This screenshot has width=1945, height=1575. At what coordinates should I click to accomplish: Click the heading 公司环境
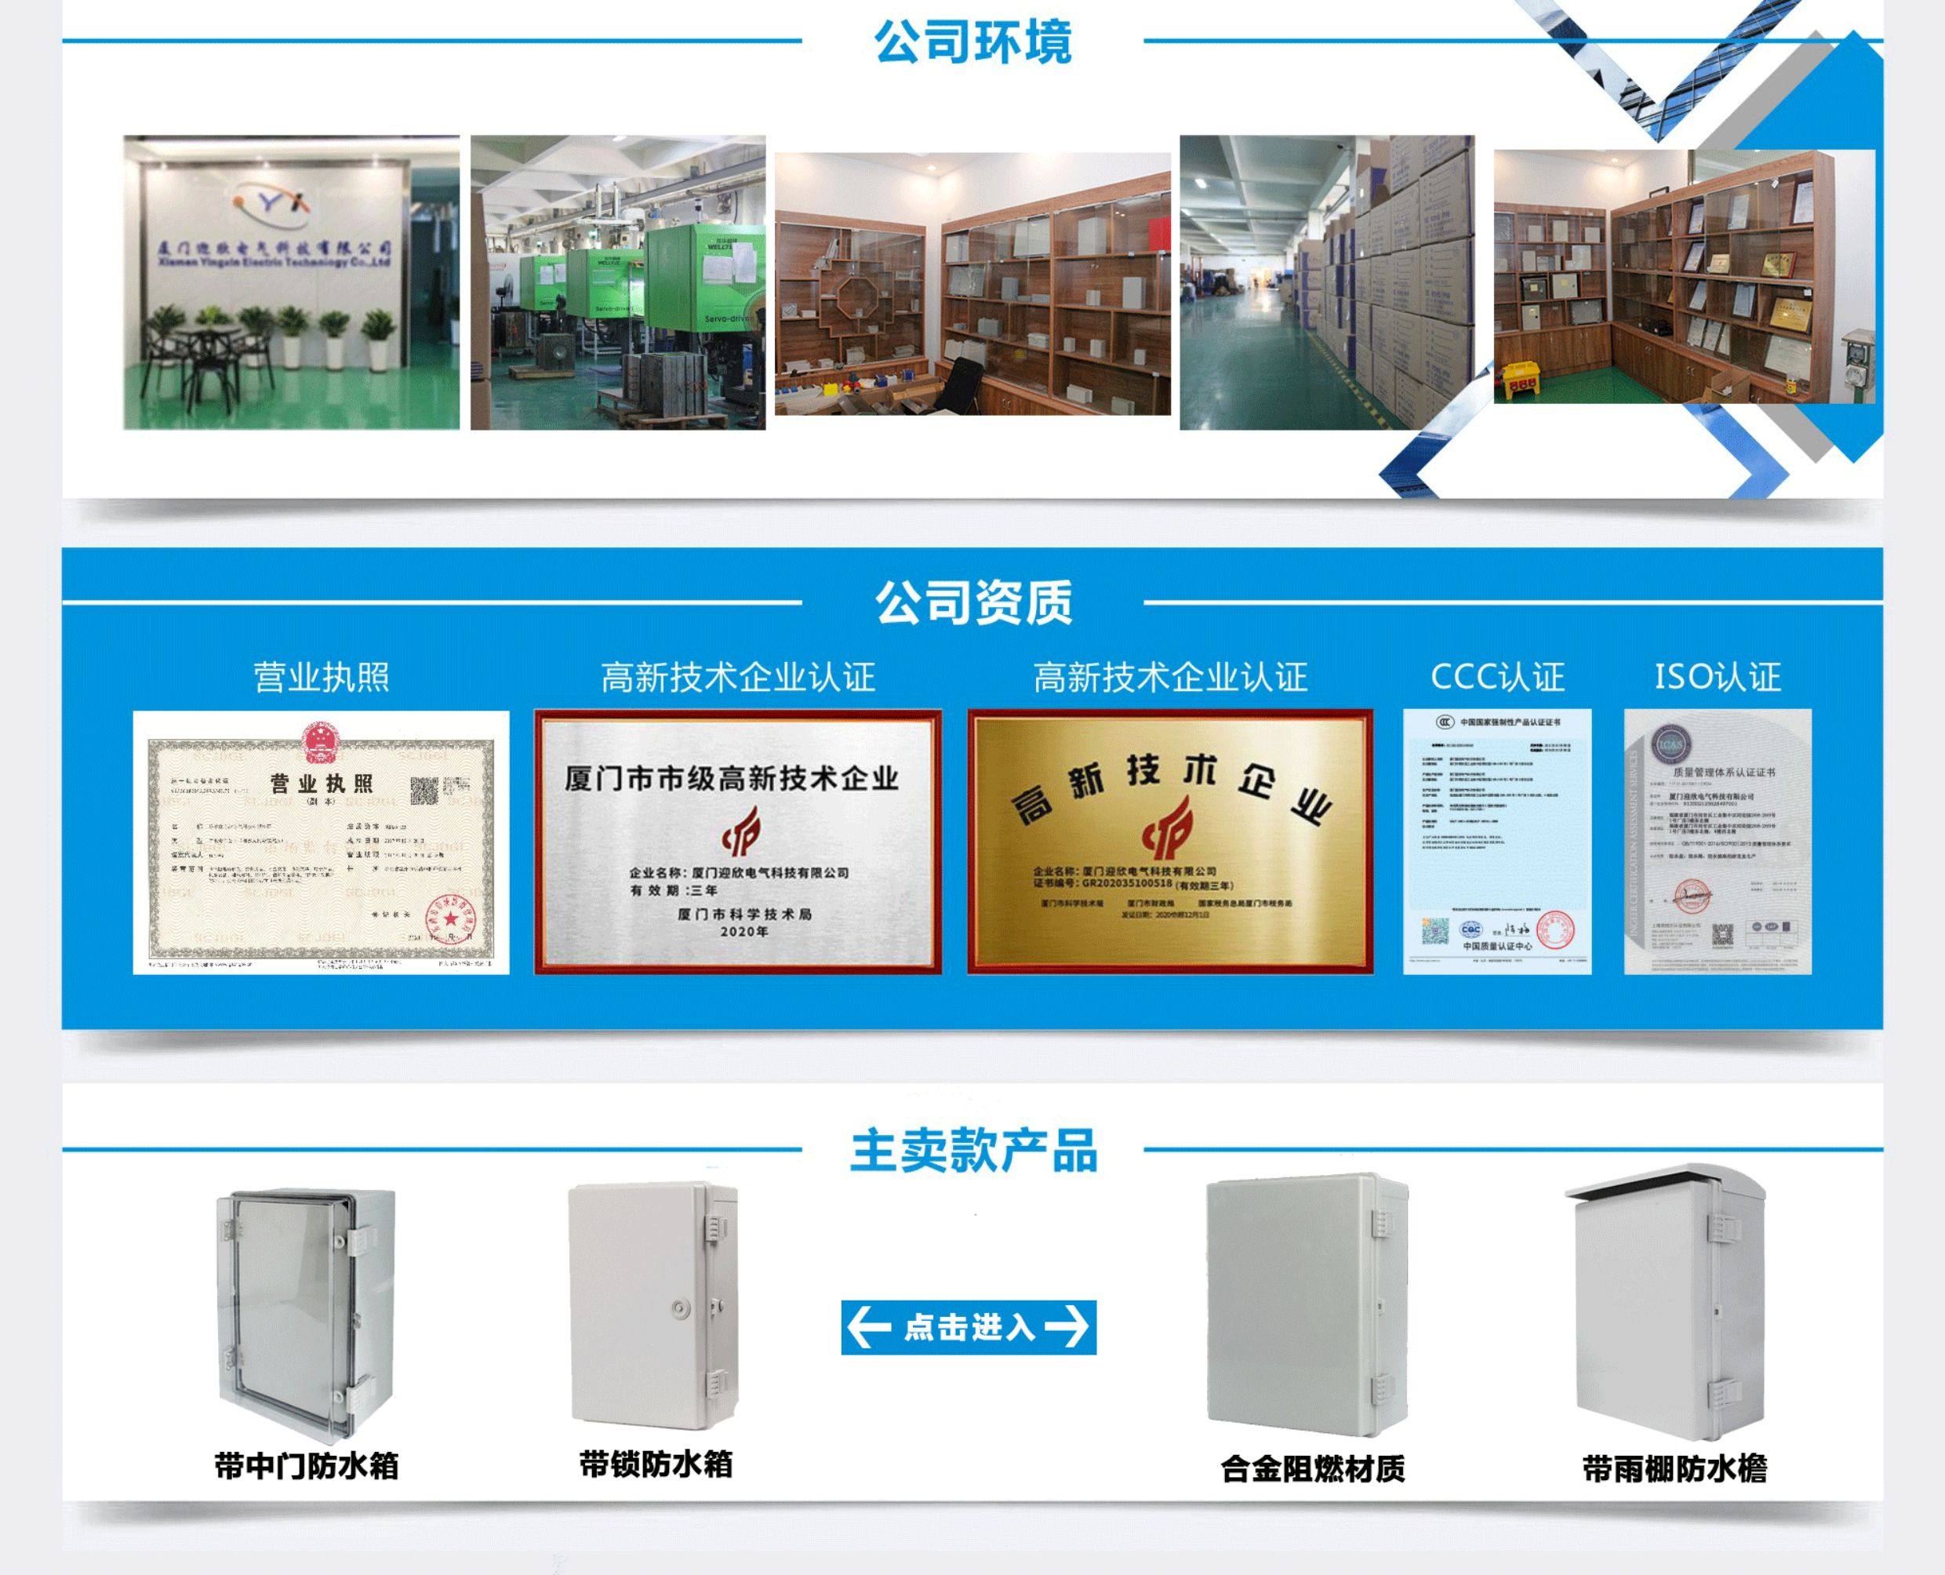[972, 42]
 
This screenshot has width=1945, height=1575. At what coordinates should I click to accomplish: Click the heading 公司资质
[972, 602]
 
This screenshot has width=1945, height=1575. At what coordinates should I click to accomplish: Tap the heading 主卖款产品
[972, 1151]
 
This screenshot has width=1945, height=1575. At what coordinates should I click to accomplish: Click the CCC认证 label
[1497, 677]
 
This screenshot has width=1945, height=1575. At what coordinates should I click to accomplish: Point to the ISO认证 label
[1718, 677]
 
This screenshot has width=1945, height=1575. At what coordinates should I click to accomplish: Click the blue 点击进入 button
[968, 1327]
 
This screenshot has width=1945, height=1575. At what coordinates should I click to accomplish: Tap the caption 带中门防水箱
[307, 1466]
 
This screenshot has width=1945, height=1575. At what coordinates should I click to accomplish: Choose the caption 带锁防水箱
[656, 1464]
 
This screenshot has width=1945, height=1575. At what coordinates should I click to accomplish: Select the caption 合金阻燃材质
[1313, 1468]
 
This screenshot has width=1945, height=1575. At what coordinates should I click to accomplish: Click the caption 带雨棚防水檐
[1674, 1468]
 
